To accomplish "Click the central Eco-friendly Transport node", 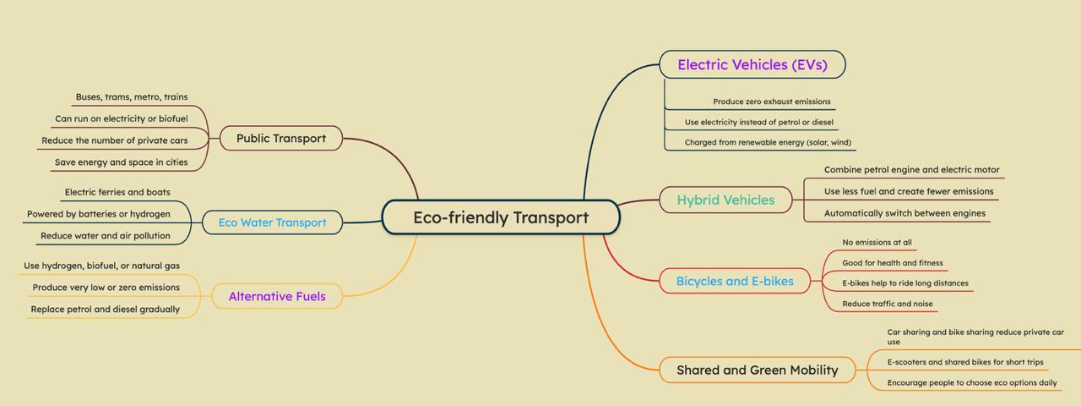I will click(501, 217).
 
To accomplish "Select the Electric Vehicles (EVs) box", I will click(752, 64).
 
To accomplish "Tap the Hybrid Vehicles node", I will click(725, 200).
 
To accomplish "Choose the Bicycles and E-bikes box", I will click(735, 281).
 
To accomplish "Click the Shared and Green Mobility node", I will click(757, 370).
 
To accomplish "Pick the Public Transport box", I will click(280, 138).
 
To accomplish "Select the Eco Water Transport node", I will click(272, 222).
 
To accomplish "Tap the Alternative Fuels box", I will click(276, 296).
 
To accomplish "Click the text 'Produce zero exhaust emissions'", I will click(771, 101).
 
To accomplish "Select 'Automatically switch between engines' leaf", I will click(904, 213).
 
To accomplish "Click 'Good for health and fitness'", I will click(892, 263).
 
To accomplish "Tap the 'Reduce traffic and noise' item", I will click(887, 304).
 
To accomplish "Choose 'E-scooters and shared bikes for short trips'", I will click(964, 362).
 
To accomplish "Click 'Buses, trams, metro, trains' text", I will click(132, 97).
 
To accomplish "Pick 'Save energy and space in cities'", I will click(122, 162).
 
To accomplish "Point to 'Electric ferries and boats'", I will click(117, 192).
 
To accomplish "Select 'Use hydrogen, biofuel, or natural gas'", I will click(101, 266).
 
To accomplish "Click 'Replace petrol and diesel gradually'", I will click(106, 309).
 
